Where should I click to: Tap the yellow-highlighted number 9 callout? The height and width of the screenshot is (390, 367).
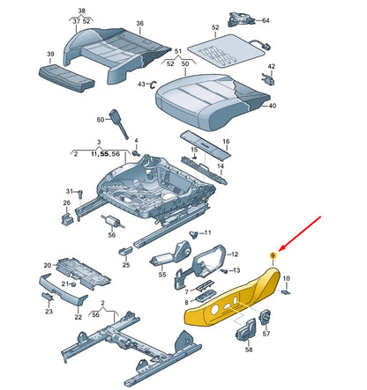point(273,255)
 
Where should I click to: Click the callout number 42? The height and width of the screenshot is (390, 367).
point(271,66)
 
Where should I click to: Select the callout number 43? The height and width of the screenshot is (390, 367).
point(140,85)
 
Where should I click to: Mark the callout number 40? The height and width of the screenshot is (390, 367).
point(272,106)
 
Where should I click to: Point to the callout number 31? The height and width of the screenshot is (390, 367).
point(69,191)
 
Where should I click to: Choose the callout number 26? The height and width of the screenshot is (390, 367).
point(66,204)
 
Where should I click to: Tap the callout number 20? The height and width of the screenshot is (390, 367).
point(48,264)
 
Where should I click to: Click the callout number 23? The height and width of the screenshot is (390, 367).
point(49,311)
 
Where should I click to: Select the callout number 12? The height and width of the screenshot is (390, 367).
point(234,254)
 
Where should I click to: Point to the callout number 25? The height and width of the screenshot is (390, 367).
point(125,264)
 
